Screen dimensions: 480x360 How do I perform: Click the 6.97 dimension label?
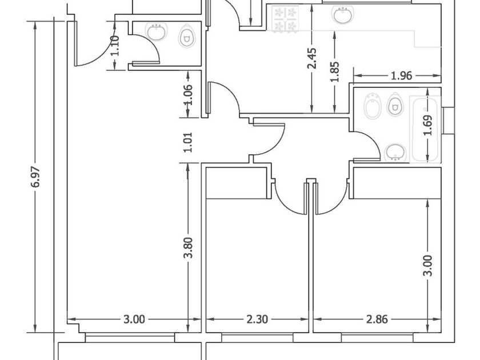(x=36, y=177)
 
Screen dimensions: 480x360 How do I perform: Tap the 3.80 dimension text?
(x=188, y=247)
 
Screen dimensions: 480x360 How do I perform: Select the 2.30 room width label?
(x=257, y=319)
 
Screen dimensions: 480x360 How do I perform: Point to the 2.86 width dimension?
(x=377, y=319)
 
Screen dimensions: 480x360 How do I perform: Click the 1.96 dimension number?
(x=402, y=75)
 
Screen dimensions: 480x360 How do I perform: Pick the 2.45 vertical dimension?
(x=312, y=58)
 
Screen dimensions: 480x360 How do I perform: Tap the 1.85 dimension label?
(x=335, y=72)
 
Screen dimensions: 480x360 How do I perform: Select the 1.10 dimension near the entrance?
(x=114, y=46)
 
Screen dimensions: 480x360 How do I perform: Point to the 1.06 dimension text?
(x=188, y=95)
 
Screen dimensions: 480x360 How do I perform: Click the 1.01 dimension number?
(x=188, y=142)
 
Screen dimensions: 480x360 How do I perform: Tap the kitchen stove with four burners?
(x=285, y=19)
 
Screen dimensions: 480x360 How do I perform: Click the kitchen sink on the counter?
(x=342, y=15)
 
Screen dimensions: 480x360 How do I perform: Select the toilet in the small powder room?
(x=186, y=37)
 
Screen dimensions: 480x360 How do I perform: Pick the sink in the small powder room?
(x=157, y=32)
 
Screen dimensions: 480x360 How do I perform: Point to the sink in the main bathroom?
(x=395, y=152)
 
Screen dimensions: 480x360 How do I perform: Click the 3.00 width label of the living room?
(x=134, y=319)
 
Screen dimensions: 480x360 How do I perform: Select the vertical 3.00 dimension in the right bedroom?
(x=427, y=265)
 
